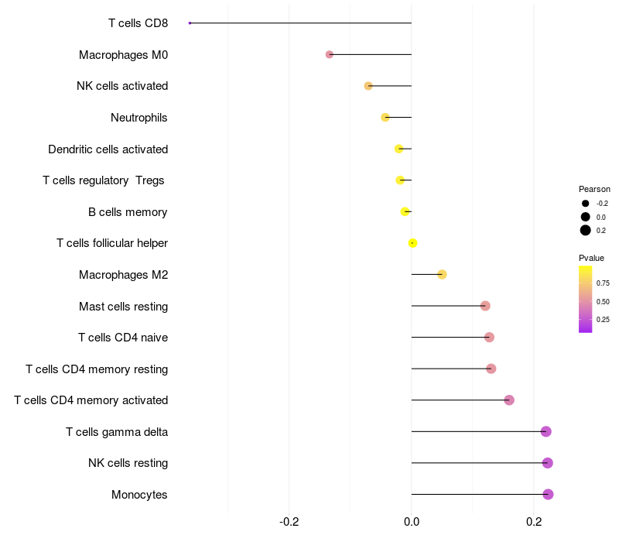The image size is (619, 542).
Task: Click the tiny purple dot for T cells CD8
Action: pos(190,23)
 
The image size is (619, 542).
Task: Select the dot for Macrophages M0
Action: pos(330,54)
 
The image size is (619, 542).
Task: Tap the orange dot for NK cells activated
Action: pos(368,86)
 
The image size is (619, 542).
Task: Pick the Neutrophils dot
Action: pos(385,118)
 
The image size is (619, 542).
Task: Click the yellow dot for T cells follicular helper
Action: pos(412,243)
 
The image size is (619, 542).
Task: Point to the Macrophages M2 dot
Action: pos(442,275)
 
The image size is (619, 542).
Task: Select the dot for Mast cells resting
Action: pos(485,306)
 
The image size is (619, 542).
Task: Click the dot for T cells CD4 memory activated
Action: pos(509,400)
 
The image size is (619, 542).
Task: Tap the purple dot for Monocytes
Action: pos(548,494)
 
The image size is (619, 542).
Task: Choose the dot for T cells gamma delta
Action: pos(546,431)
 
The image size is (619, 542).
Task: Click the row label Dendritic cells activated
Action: pos(108,149)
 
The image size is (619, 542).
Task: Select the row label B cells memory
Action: pos(128,212)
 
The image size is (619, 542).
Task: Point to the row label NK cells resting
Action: pos(128,463)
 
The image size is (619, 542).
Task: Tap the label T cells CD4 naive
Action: pos(123,338)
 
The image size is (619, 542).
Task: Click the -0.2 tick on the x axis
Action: pos(289,522)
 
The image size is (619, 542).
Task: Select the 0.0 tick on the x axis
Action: pos(412,522)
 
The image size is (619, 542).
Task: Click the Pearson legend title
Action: pos(594,189)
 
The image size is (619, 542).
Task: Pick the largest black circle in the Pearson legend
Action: pos(586,230)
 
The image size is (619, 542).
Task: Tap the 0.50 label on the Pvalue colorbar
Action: pos(603,302)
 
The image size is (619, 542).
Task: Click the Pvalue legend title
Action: pos(591,258)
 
